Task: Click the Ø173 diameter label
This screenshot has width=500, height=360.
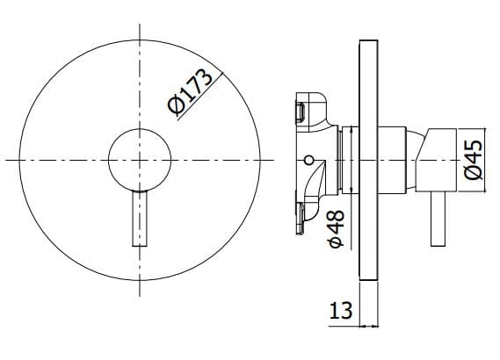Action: tap(190, 90)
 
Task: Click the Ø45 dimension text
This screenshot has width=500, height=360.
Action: tap(474, 159)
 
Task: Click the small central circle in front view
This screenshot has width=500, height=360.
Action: tap(140, 159)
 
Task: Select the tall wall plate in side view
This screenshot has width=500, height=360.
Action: tap(369, 158)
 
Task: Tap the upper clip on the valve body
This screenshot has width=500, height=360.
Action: tap(299, 110)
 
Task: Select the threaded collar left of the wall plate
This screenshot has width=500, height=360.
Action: tap(344, 160)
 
